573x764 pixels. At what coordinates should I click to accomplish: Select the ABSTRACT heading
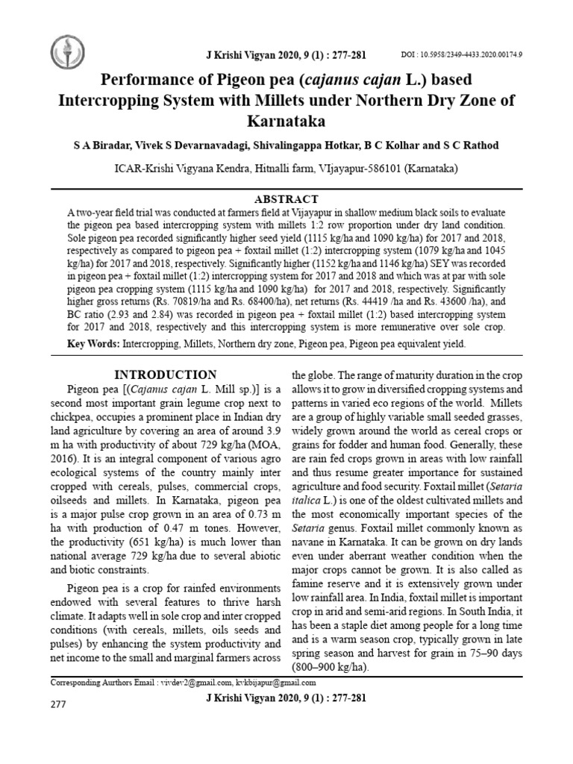(x=286, y=199)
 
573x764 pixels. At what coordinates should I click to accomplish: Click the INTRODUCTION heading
(x=165, y=375)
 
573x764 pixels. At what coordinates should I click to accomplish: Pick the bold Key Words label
(x=93, y=344)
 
